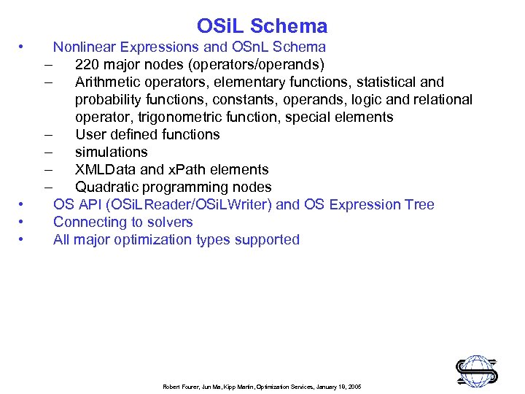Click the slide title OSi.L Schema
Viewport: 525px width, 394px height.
tap(262, 27)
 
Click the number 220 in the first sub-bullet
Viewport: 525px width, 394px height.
tap(87, 65)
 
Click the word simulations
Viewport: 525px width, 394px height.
tap(111, 152)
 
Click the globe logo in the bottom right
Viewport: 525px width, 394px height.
tap(477, 370)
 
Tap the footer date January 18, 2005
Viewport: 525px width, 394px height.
tap(336, 387)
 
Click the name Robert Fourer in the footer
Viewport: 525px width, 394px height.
tap(179, 387)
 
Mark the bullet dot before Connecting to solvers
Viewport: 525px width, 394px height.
tap(23, 222)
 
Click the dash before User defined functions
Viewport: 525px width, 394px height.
tap(47, 135)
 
